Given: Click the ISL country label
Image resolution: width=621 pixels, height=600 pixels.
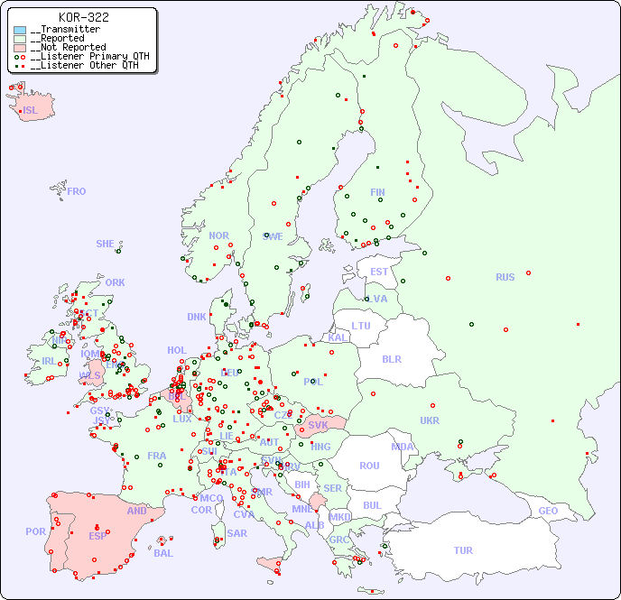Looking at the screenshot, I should pyautogui.click(x=30, y=111).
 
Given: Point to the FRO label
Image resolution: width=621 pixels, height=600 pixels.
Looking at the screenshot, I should pyautogui.click(x=76, y=191).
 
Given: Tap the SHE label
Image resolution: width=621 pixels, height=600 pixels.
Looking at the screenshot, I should pyautogui.click(x=105, y=244).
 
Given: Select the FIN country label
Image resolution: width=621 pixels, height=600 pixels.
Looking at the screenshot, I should pyautogui.click(x=377, y=192).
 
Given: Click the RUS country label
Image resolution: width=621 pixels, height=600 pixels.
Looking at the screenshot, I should pyautogui.click(x=505, y=277).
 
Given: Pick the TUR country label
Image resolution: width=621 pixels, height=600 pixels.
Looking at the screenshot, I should pyautogui.click(x=463, y=550).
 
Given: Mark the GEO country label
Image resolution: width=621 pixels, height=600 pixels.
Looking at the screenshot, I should pyautogui.click(x=548, y=511).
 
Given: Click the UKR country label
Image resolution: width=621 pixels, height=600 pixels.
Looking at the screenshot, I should pyautogui.click(x=430, y=420).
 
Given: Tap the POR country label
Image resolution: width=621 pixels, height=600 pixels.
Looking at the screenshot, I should pyautogui.click(x=35, y=531).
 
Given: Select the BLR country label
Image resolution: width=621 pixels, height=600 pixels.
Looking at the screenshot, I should pyautogui.click(x=391, y=358).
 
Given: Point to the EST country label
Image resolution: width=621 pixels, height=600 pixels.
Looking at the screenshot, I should pyautogui.click(x=379, y=272).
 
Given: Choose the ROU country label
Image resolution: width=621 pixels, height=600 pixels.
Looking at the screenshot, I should pyautogui.click(x=369, y=466).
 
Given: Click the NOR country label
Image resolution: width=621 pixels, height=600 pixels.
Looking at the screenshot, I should pyautogui.click(x=218, y=235).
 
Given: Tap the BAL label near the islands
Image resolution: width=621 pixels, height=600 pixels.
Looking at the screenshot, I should pyautogui.click(x=163, y=553).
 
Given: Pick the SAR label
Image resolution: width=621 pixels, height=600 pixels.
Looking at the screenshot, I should pyautogui.click(x=237, y=533).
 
